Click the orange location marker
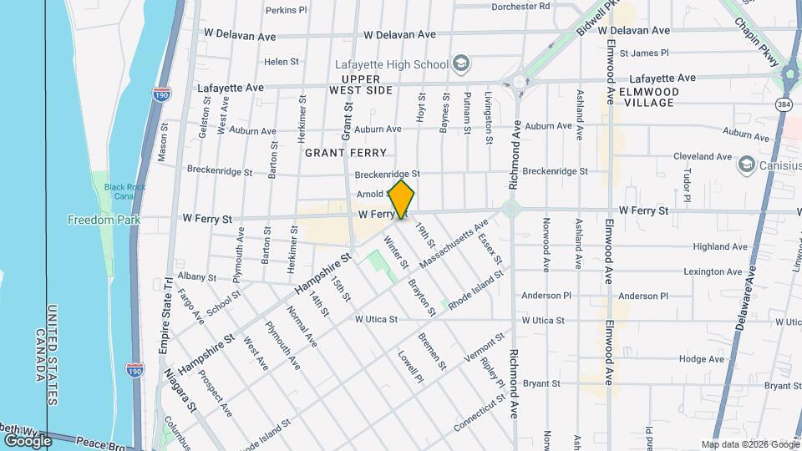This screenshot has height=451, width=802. coord(402,200)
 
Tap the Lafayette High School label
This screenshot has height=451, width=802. coord(390,63)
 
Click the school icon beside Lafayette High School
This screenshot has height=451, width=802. coord(460,63)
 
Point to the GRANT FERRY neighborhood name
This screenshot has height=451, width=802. coord(345,153)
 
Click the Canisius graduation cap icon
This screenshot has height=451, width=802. coord(745,165)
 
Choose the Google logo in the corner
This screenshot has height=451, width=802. coord(28,440)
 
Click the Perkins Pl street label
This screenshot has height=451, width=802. coord(287,11)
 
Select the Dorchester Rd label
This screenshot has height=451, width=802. coord(521,6)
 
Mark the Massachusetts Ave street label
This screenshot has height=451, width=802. coord(454,245)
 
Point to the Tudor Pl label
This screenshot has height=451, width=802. coord(688,185)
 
